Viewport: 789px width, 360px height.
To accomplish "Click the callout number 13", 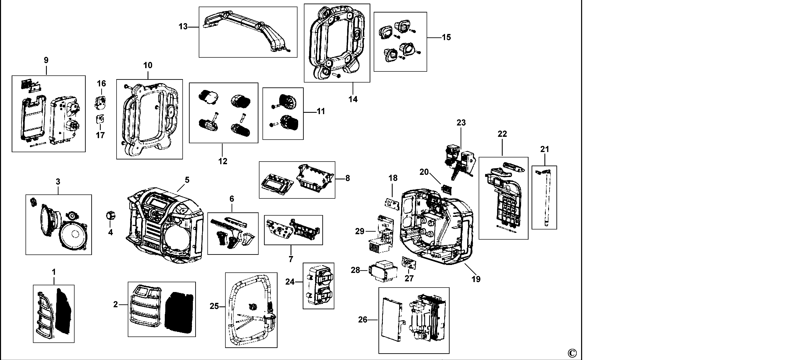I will (183, 27).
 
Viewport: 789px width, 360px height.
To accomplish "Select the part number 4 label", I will (110, 233).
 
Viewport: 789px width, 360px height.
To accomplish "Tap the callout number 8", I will (347, 178).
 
